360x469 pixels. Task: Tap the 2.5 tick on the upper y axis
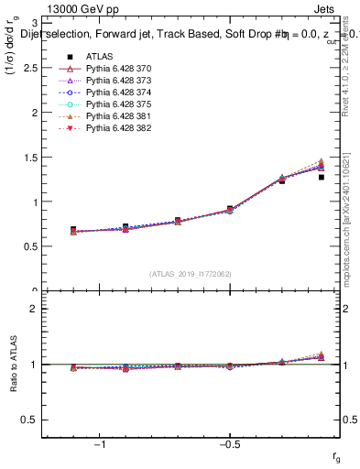point(39,68)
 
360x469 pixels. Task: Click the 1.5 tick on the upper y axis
point(39,158)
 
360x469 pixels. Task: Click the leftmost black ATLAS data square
point(73,229)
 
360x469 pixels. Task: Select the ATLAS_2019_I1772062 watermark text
point(190,274)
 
